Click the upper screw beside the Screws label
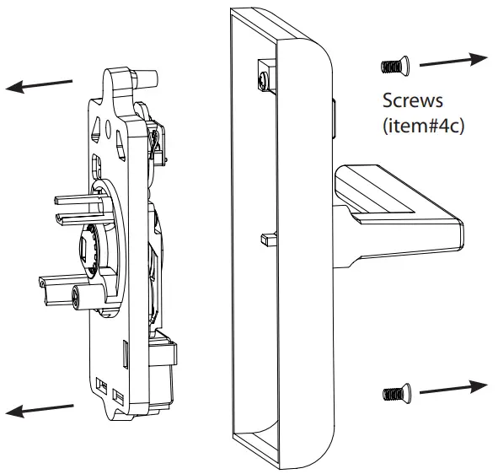pos(393,64)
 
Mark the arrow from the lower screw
pos(452,388)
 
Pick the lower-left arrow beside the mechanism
pos(39,408)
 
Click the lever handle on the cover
pos(396,207)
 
